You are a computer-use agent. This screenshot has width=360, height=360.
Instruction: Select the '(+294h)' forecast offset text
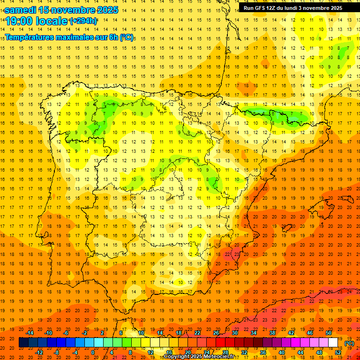click(x=83, y=21)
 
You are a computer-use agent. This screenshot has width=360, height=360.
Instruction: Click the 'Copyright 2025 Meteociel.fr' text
click(x=200, y=357)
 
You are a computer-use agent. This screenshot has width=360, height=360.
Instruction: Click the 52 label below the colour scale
click(x=338, y=352)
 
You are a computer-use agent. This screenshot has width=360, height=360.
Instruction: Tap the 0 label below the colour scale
click(x=93, y=352)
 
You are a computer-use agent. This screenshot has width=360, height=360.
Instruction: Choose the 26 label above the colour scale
click(x=216, y=333)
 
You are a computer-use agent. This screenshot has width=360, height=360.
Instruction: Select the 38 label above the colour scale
click(x=272, y=333)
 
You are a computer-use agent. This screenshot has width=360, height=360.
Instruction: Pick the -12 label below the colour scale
click(x=39, y=352)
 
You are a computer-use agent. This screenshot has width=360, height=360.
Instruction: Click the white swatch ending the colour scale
click(x=333, y=343)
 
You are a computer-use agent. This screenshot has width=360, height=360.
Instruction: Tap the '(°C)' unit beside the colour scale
click(x=349, y=343)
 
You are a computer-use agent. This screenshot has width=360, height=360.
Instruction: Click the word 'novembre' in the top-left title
click(x=75, y=10)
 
